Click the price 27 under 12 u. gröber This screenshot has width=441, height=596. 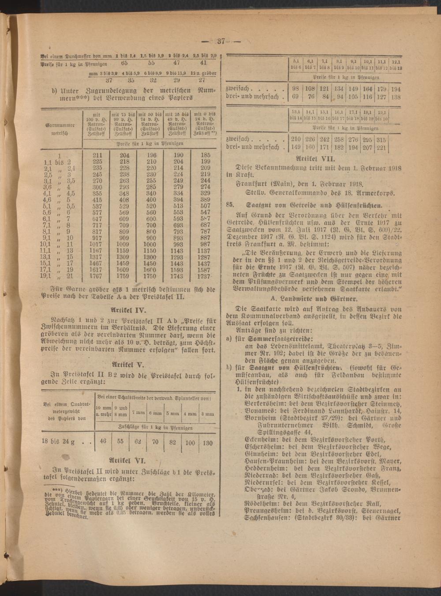click(x=202, y=80)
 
